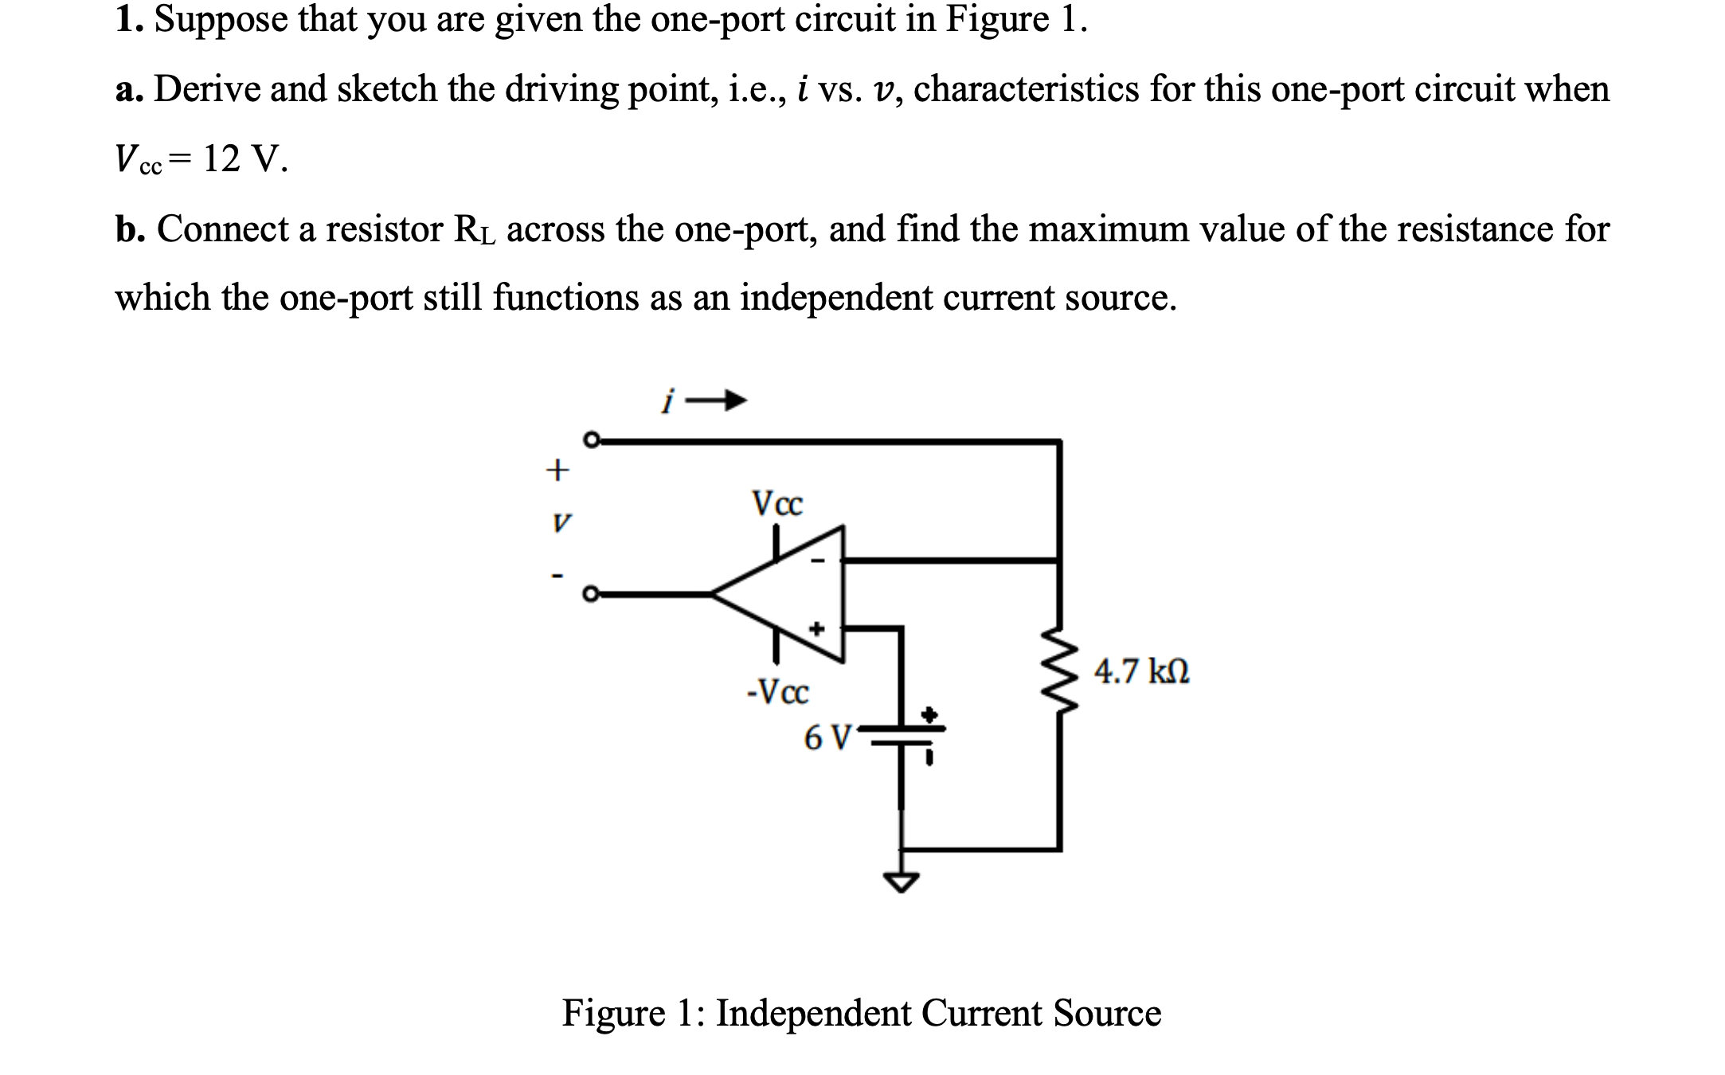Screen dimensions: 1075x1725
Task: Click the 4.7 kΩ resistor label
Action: [x=1141, y=671]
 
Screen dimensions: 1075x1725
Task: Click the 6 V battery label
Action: [x=827, y=737]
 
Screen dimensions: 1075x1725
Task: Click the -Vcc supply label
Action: [x=777, y=691]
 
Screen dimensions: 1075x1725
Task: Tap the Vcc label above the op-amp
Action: [x=777, y=503]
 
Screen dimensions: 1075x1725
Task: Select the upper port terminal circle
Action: [x=591, y=440]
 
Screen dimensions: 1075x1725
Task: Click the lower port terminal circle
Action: [x=590, y=594]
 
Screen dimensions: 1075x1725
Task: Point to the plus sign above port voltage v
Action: [x=557, y=470]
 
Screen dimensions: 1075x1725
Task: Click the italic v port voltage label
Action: [x=561, y=523]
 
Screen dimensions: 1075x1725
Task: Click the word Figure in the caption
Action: [x=612, y=1014]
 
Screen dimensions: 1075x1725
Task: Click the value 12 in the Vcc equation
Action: [x=221, y=158]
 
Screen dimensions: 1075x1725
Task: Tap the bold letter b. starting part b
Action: [x=130, y=229]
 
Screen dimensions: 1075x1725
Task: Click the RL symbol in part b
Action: [x=474, y=230]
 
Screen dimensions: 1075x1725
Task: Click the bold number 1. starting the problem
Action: [x=127, y=19]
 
